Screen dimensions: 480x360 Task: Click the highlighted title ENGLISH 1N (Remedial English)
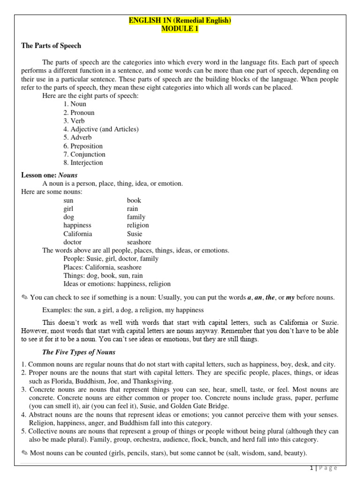pos(180,21)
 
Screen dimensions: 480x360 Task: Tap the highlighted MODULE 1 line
pos(180,29)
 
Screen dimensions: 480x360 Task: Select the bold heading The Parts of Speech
pos(51,46)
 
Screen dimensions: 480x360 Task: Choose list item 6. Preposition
pos(84,146)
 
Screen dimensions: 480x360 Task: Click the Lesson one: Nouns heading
pos(49,175)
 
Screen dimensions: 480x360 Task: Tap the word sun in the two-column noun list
pos(68,200)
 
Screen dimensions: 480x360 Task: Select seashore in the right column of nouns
pos(139,242)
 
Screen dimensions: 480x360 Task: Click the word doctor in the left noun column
pos(73,242)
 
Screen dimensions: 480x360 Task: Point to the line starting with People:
pos(111,259)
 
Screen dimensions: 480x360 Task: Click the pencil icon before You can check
pos(25,298)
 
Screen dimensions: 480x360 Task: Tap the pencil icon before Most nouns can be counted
pos(25,453)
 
